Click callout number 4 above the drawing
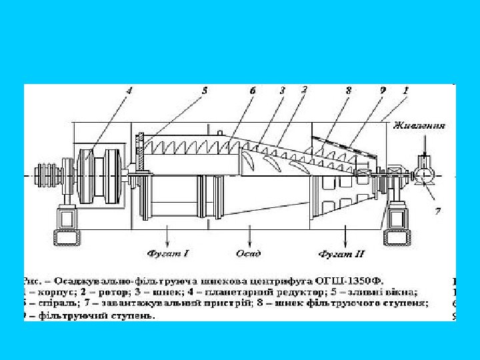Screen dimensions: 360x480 coord(129,91)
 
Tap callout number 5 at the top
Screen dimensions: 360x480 coord(205,90)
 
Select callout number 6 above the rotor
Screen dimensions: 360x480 coord(253,90)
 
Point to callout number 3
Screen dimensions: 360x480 coord(283,90)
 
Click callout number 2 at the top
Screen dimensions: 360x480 coord(304,89)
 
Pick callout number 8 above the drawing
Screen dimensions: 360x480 coord(349,90)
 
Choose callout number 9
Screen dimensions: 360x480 coord(383,90)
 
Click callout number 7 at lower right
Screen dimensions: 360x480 coord(438,211)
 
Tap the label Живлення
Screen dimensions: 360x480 coord(419,125)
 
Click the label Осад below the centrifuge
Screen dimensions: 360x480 coord(249,253)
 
